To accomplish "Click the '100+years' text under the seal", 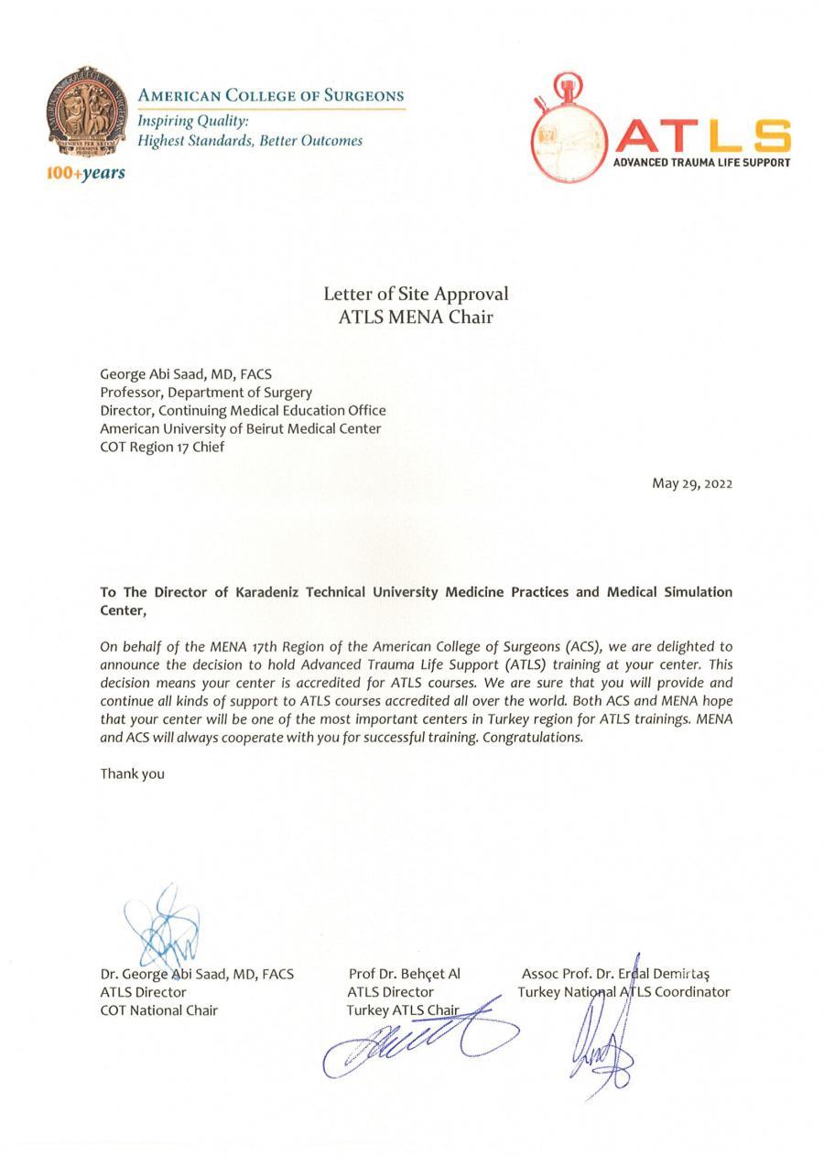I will click(x=85, y=173).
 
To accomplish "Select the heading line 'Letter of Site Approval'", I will click(x=415, y=294).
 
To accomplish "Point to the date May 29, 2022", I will click(x=691, y=483).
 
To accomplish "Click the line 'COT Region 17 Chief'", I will click(x=162, y=447).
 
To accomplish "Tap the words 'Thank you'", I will click(x=132, y=773).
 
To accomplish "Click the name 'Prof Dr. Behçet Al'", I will click(x=404, y=974).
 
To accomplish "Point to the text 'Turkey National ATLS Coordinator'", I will click(x=623, y=991).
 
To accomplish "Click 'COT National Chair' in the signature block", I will click(x=158, y=1010).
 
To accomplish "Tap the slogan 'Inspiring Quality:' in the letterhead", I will click(x=193, y=121).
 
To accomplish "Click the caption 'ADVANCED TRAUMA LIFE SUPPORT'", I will click(x=701, y=162).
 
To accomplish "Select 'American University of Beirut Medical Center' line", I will click(x=240, y=428).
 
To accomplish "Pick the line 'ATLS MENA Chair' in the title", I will click(x=415, y=318).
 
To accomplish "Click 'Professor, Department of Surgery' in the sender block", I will click(x=205, y=392).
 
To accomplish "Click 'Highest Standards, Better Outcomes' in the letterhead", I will click(x=250, y=141).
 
